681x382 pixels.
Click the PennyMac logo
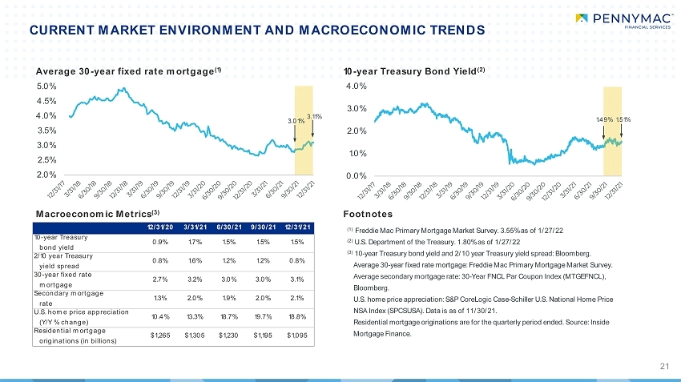623,21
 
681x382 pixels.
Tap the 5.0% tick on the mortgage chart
46,86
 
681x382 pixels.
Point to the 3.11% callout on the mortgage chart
314,116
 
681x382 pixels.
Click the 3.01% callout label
296,121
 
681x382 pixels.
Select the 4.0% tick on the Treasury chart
357,86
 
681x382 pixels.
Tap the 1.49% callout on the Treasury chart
604,119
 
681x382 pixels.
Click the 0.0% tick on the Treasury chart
357,176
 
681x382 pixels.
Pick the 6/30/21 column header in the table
229,227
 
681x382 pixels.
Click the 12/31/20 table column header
160,227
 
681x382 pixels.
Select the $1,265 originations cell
160,335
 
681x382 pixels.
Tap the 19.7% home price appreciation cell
264,316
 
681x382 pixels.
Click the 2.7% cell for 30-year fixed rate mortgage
160,279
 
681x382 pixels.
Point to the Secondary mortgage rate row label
69,298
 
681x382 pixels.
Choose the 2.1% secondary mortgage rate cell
297,298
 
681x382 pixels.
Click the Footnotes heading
368,214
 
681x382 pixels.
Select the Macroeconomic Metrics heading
98,214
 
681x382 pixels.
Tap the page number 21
664,366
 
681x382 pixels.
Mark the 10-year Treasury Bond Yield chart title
414,71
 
